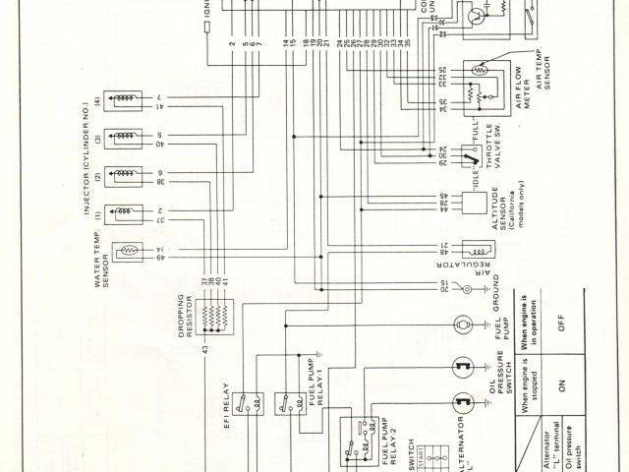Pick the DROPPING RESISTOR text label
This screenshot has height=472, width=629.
189,319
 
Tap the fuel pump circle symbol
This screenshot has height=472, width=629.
459,324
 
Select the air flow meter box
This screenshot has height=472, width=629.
482,85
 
